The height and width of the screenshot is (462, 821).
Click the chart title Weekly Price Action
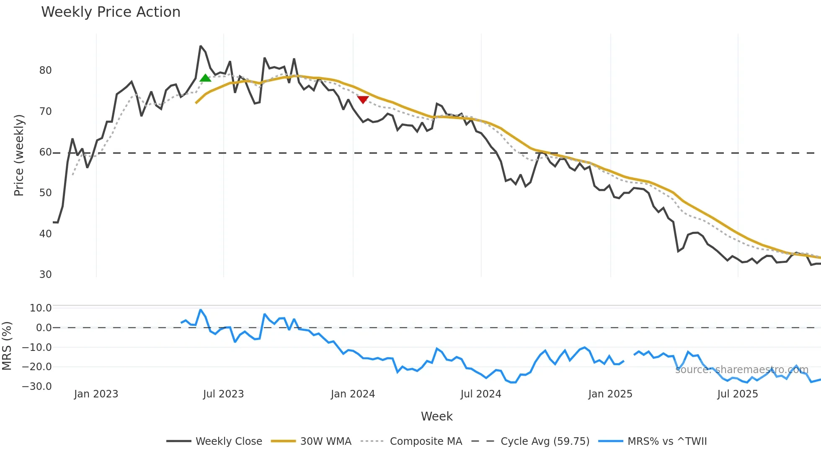111,12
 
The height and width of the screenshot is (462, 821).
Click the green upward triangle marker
205,78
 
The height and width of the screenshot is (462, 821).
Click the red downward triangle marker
363,99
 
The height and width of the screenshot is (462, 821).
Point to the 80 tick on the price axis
45,70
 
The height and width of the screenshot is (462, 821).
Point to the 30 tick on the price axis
45,275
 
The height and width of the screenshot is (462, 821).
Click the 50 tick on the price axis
45,193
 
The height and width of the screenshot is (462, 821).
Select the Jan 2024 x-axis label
353,394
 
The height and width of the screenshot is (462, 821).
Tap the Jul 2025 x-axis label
737,394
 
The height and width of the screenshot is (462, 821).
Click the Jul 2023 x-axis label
223,394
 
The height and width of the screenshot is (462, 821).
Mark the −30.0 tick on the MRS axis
37,387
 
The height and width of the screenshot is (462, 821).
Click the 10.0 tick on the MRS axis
41,308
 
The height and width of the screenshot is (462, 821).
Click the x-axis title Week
436,416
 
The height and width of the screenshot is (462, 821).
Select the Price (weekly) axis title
19,155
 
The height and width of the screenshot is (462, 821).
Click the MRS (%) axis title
7,346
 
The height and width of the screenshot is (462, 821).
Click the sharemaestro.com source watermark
741,370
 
